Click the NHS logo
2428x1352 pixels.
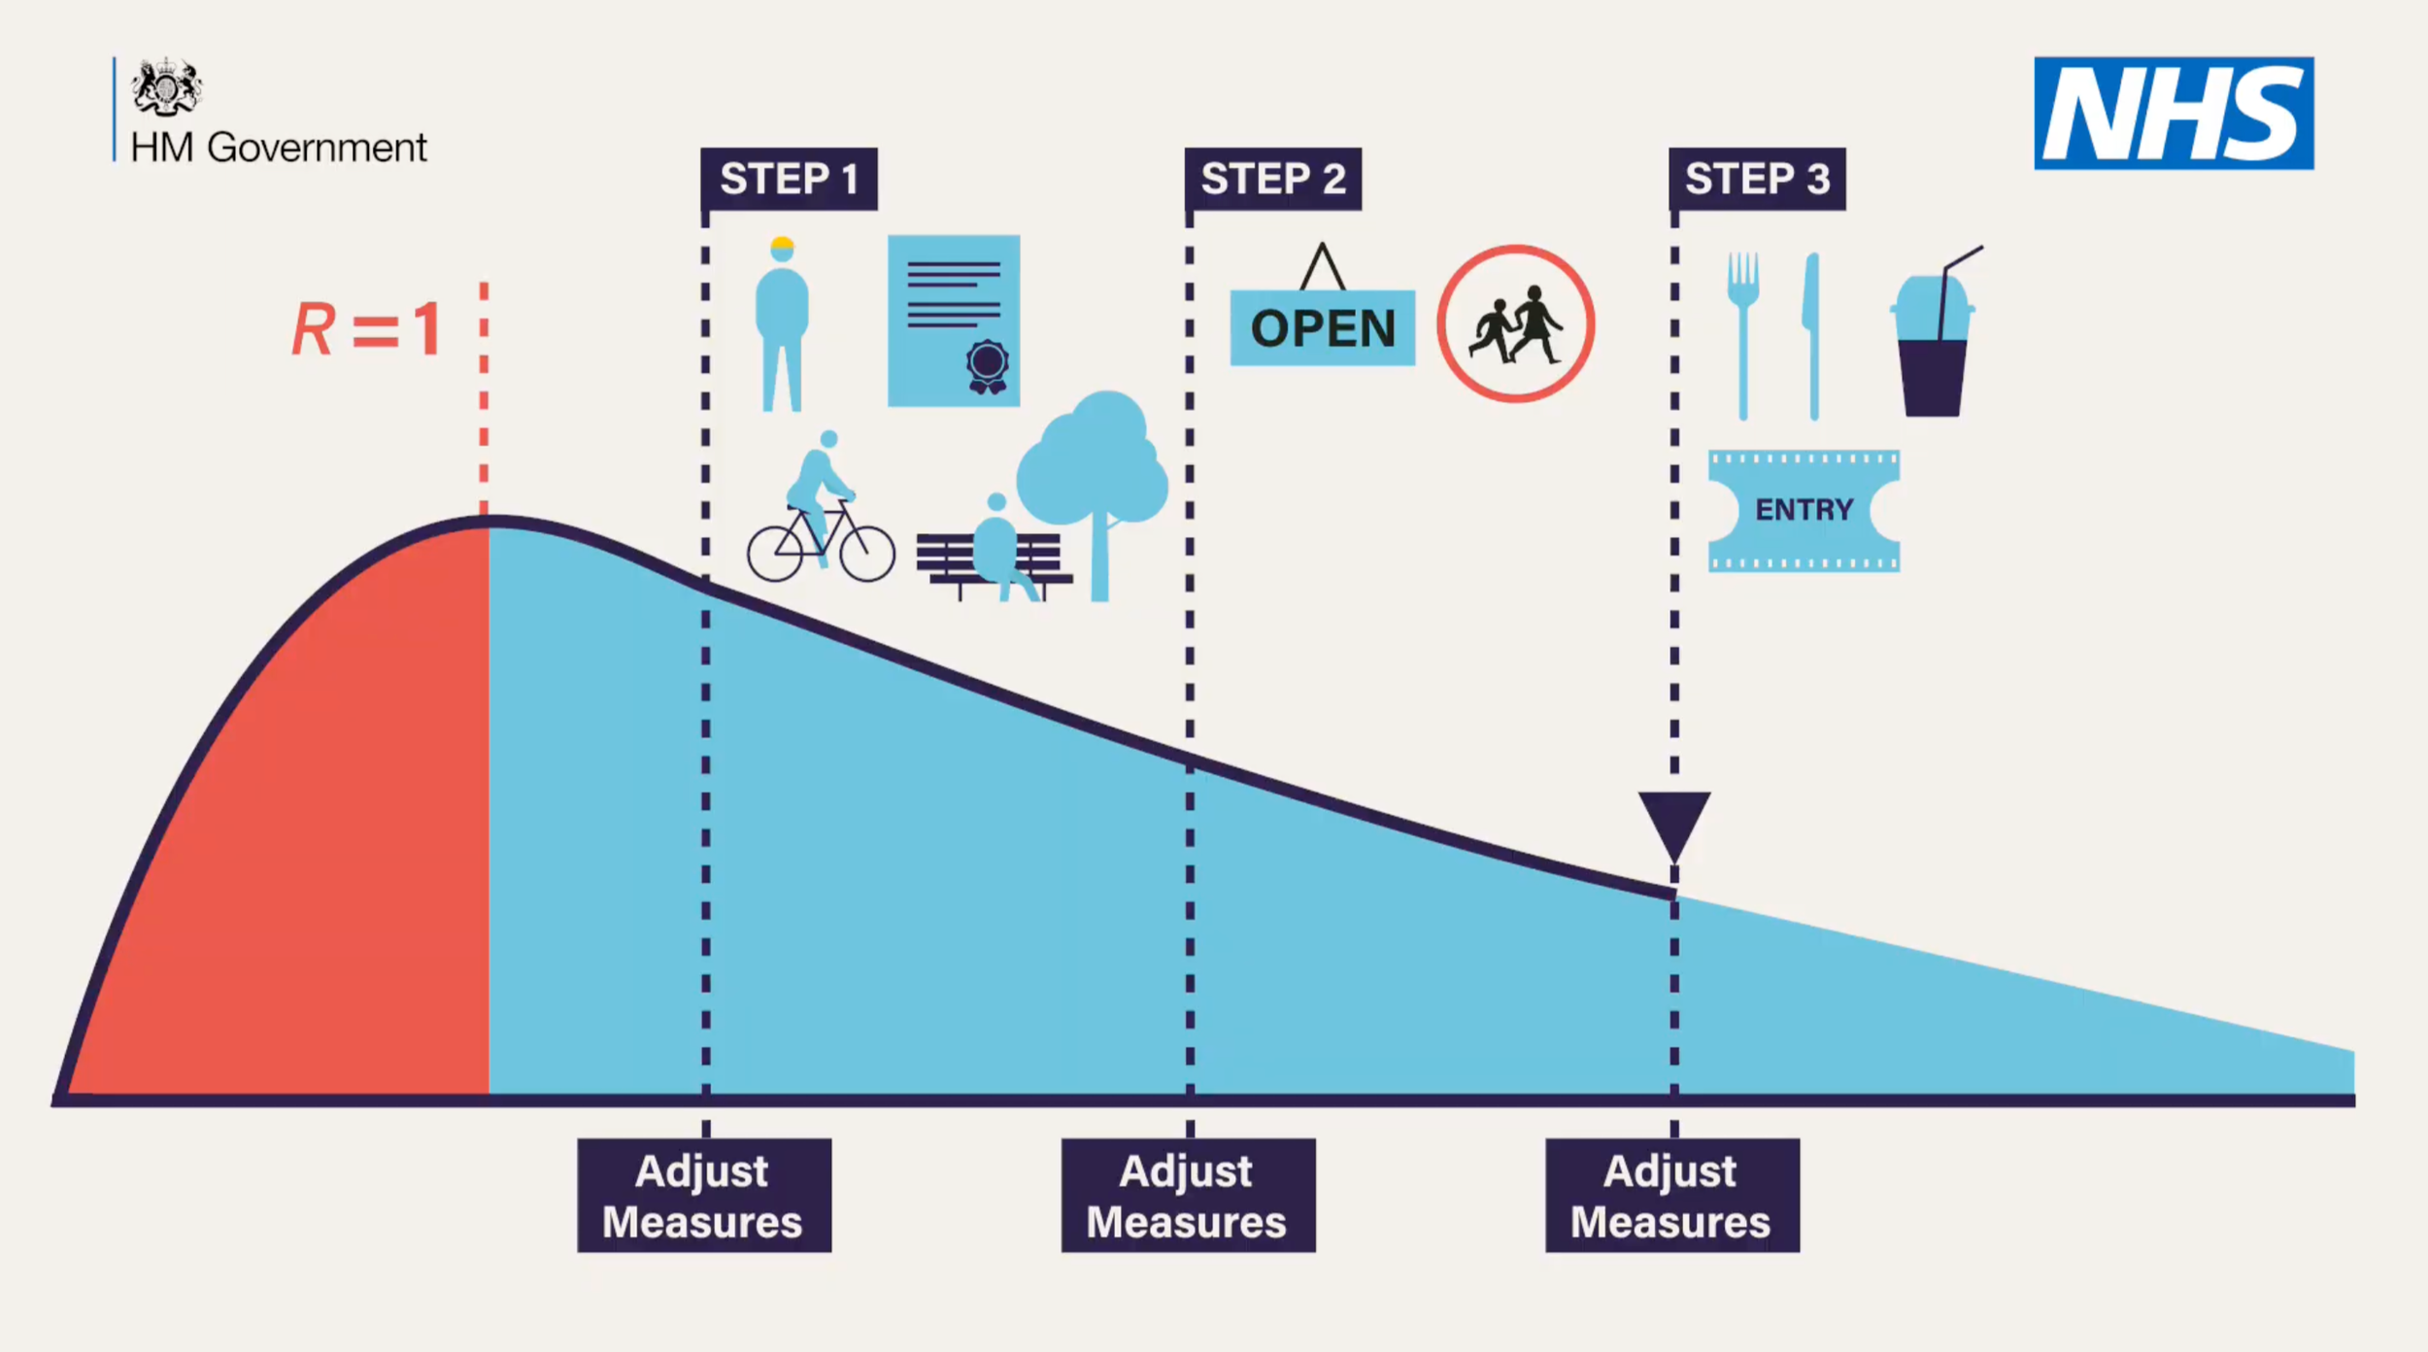pos(2174,113)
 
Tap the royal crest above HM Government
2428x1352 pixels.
pos(166,87)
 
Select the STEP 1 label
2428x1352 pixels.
pos(789,179)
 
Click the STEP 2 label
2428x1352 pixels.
pos(1272,179)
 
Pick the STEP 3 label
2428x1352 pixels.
pos(1757,179)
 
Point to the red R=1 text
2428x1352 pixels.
pos(367,329)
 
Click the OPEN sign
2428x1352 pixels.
pos(1322,327)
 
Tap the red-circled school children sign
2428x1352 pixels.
pos(1515,323)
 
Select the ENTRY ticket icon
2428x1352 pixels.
pos(1804,510)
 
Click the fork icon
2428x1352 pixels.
pos(1743,330)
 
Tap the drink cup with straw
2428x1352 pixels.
pos(1933,340)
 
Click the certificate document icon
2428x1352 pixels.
pos(953,320)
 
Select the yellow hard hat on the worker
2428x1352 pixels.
pos(782,244)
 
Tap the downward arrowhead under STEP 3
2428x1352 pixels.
pos(1674,822)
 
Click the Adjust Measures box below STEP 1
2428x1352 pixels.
pos(704,1195)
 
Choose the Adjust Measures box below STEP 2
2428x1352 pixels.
pos(1188,1195)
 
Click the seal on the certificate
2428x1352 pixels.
pos(987,365)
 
